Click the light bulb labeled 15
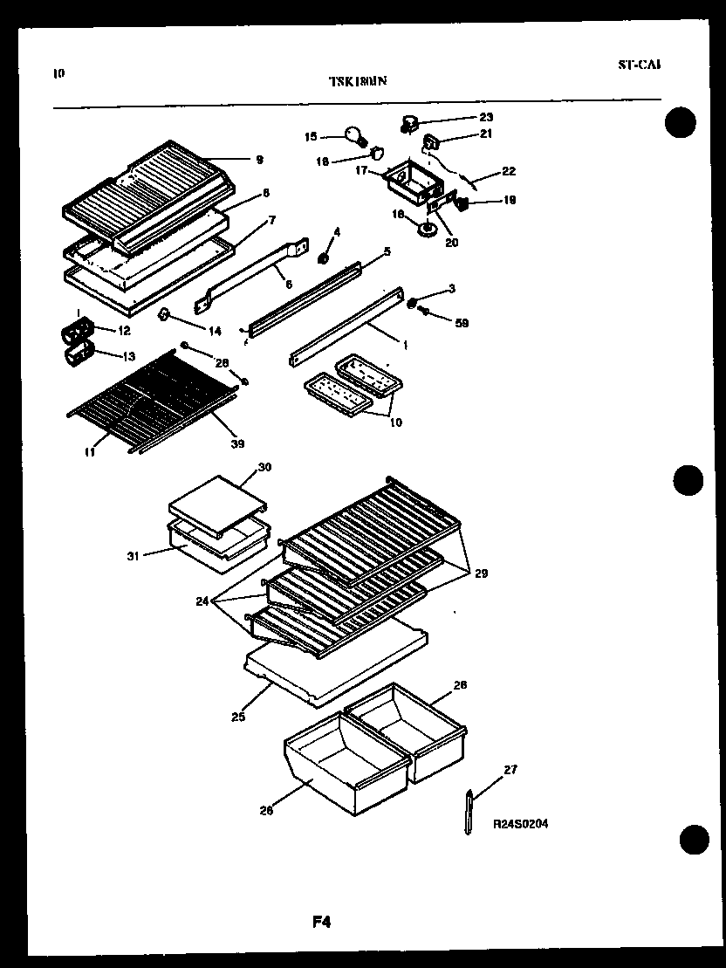354,134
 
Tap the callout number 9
259,160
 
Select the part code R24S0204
520,823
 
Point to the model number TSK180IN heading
358,81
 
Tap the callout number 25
238,717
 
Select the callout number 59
462,323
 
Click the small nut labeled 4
323,258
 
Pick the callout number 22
509,171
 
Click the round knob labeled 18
428,230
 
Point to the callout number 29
481,573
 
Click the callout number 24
202,601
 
